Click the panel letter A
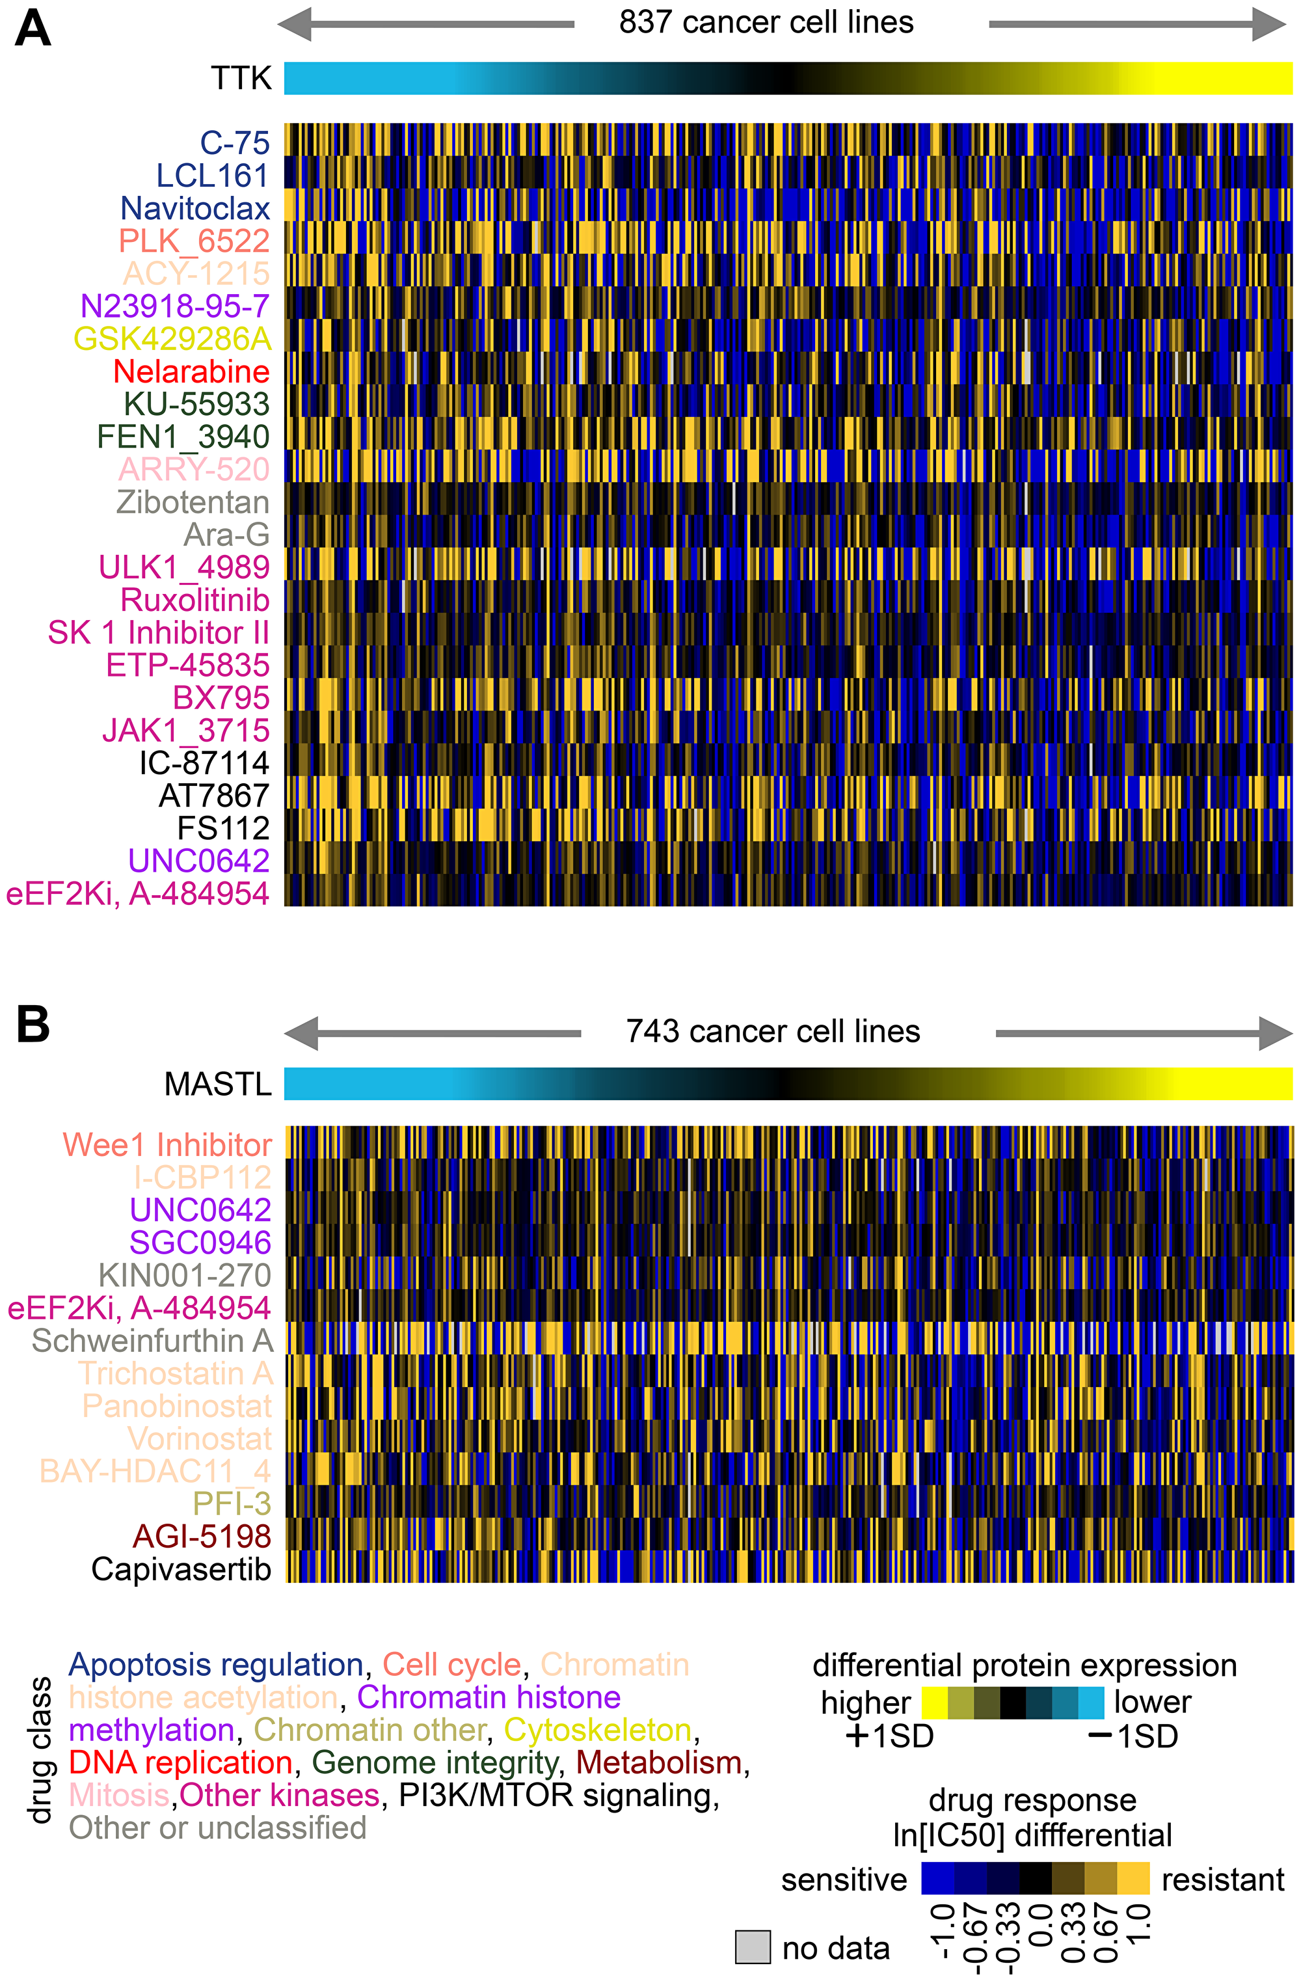[x=33, y=30]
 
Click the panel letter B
[x=33, y=1025]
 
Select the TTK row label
[x=241, y=78]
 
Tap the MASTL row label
[x=217, y=1084]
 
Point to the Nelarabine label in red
[x=191, y=371]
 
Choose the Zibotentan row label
[x=193, y=502]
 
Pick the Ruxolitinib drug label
[x=194, y=600]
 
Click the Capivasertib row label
[x=181, y=1569]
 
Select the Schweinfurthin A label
[x=152, y=1341]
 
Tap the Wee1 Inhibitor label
[x=167, y=1145]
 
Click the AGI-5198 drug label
[x=202, y=1536]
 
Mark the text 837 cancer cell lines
[x=766, y=23]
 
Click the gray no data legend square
[x=753, y=1948]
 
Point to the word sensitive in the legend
[x=843, y=1880]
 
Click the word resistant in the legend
[x=1222, y=1880]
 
